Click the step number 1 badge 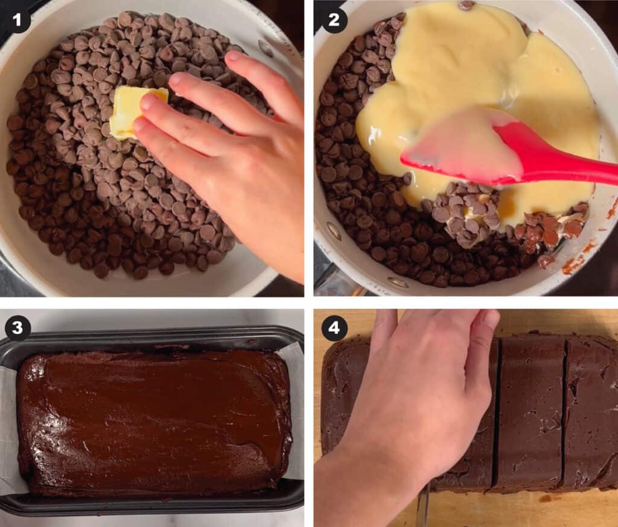pyautogui.click(x=18, y=21)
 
